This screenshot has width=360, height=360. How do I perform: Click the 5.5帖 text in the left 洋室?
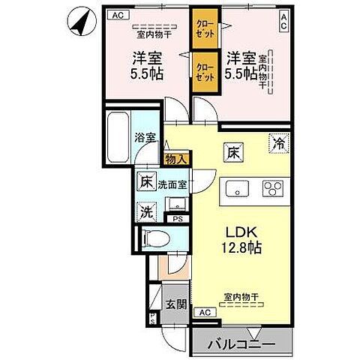point(148,74)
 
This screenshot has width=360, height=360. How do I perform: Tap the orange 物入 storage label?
point(177,159)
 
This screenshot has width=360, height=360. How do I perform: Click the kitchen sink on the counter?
point(235,189)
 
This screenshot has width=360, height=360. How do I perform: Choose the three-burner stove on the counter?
point(271,189)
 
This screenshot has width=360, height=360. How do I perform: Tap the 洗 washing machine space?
point(146,211)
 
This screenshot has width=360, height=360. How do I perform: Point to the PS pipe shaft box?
point(178,218)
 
